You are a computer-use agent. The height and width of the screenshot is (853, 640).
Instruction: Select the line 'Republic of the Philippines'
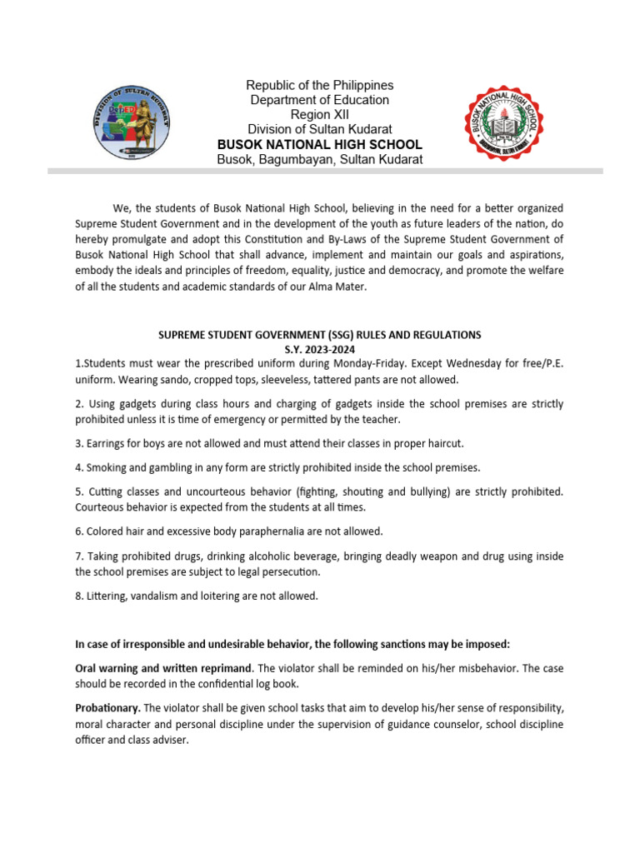pyautogui.click(x=320, y=86)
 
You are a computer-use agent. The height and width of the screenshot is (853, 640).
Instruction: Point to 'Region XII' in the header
pyautogui.click(x=320, y=115)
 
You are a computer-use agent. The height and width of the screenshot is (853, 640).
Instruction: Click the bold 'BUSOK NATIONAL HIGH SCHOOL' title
pyautogui.click(x=320, y=144)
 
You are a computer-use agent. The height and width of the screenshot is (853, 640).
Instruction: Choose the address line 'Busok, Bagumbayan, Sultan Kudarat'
pyautogui.click(x=320, y=159)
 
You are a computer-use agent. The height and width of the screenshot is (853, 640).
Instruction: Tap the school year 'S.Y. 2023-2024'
pyautogui.click(x=320, y=349)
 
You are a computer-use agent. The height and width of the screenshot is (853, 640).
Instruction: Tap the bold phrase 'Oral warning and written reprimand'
pyautogui.click(x=164, y=669)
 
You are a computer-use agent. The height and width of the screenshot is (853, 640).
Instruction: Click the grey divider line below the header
pyautogui.click(x=325, y=171)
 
